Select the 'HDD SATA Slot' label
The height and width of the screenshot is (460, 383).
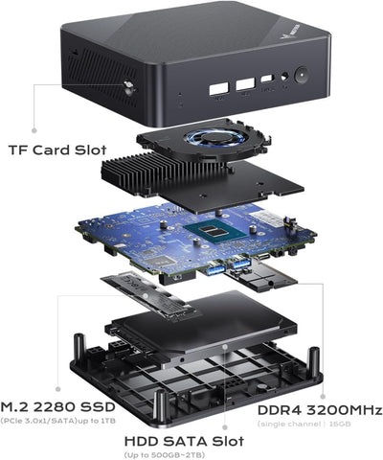pyautogui.click(x=185, y=439)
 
